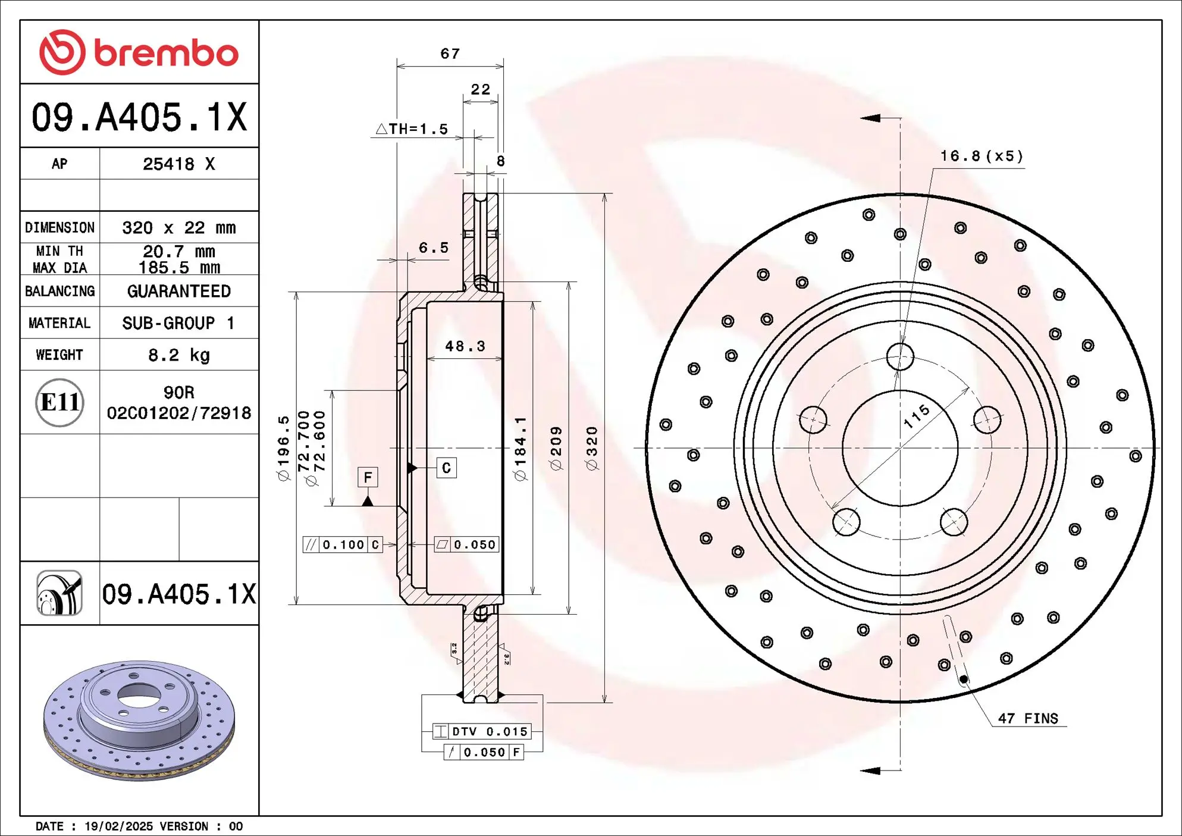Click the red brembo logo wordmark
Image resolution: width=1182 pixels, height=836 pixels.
[x=139, y=52]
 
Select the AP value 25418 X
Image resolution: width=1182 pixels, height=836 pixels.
[x=178, y=164]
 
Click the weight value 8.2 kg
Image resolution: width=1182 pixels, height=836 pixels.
[x=178, y=355]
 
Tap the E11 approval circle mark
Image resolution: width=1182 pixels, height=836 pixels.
[x=59, y=403]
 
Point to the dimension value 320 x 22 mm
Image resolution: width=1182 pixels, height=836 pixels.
[x=178, y=228]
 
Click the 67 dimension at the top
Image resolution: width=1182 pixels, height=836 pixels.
[x=450, y=54]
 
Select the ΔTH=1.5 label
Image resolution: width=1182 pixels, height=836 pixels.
[x=412, y=129]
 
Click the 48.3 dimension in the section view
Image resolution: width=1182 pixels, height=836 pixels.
[x=465, y=346]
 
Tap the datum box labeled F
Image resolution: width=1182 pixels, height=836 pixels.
[x=368, y=477]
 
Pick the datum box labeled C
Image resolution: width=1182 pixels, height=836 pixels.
[x=446, y=468]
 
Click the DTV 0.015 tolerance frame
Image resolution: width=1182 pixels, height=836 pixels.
[x=481, y=731]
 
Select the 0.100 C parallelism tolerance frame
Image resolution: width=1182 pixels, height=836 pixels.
[x=343, y=544]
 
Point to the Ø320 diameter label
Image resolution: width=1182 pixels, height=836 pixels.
[x=592, y=448]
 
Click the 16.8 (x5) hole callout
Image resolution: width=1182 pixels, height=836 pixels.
[x=981, y=156]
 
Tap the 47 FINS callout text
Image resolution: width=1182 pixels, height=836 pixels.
[x=1028, y=719]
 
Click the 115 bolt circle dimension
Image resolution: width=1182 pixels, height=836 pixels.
[x=916, y=416]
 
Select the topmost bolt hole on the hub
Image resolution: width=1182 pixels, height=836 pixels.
[x=900, y=357]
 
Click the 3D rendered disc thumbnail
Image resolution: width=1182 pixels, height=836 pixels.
[x=139, y=720]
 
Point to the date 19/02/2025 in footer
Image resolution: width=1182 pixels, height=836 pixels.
[x=118, y=826]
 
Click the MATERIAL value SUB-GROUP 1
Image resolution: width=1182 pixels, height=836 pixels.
[x=178, y=323]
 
